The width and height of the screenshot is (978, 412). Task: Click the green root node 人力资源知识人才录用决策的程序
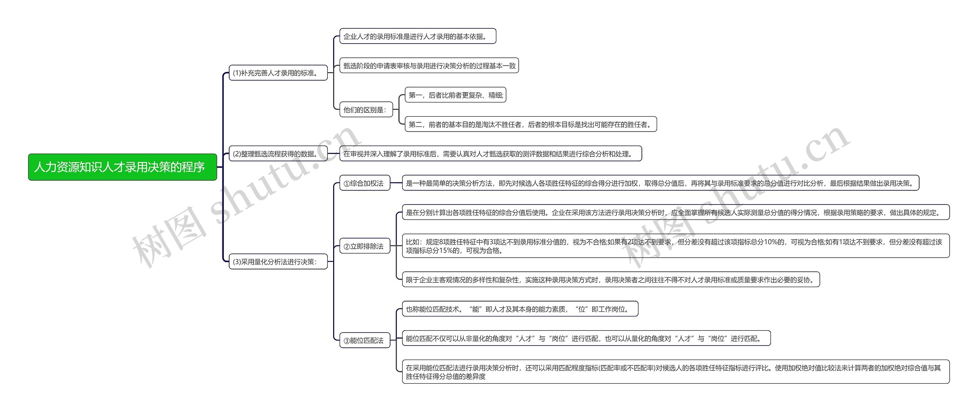pos(122,167)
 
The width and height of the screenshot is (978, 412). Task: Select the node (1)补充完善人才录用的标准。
pos(278,73)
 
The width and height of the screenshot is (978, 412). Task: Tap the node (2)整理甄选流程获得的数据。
pos(278,154)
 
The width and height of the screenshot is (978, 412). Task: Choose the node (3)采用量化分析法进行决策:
pos(278,261)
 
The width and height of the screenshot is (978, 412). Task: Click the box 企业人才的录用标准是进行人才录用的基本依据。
pos(418,36)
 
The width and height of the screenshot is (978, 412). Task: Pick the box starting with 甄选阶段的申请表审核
pos(429,66)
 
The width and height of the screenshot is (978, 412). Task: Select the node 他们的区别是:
pos(366,110)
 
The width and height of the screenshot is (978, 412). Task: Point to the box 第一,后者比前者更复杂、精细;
pos(455,95)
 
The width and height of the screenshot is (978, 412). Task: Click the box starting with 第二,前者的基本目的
pos(531,124)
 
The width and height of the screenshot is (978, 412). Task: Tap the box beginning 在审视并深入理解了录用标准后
pos(491,154)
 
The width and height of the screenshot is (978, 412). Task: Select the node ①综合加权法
pos(365,183)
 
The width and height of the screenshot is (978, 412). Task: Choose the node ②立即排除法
pos(365,246)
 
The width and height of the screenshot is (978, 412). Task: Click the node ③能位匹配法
pos(365,340)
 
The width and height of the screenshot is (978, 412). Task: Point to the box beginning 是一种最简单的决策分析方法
pos(660,183)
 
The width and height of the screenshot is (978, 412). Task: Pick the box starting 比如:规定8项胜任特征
pos(675,246)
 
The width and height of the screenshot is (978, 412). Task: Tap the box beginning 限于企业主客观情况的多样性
pos(610,280)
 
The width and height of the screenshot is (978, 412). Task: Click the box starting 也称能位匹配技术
pos(520,309)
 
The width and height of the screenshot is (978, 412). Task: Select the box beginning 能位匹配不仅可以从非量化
pos(586,338)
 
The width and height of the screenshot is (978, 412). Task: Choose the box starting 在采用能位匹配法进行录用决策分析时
pos(675,371)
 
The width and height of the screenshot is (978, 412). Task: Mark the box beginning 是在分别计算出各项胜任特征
pos(675,212)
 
